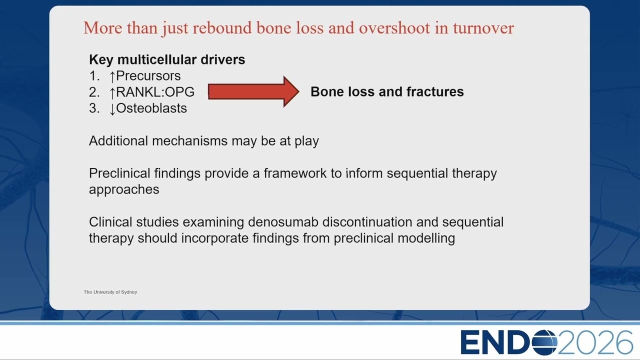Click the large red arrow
(x=253, y=91)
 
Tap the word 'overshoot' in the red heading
(x=394, y=28)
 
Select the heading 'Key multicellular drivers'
(x=167, y=59)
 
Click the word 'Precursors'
(x=148, y=76)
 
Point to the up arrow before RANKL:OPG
(x=112, y=92)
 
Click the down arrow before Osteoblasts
(x=112, y=109)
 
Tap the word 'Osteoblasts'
(x=151, y=108)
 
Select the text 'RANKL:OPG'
(x=155, y=92)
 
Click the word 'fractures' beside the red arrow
(x=435, y=91)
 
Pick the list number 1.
(x=94, y=76)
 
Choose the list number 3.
(x=94, y=108)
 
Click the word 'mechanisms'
(x=189, y=141)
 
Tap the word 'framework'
(x=295, y=173)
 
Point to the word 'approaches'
(x=124, y=189)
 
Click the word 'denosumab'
(x=283, y=222)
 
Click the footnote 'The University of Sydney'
(x=110, y=292)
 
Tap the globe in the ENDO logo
(x=544, y=342)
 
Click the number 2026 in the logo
(x=595, y=342)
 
